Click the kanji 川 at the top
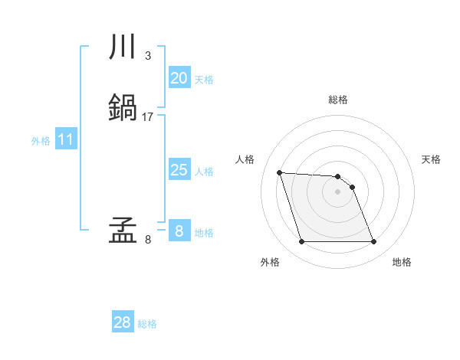(x=123, y=47)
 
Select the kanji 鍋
(x=123, y=108)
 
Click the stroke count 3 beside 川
(x=147, y=56)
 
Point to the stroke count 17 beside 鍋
(x=148, y=117)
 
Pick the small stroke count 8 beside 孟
(x=147, y=240)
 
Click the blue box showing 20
(x=179, y=78)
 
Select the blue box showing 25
(x=179, y=170)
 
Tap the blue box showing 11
(x=66, y=140)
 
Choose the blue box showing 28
(x=123, y=322)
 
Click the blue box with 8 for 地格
(x=179, y=231)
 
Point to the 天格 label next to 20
(x=204, y=80)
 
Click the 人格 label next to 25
(x=204, y=172)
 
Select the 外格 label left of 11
(x=41, y=141)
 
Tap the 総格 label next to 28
(x=147, y=324)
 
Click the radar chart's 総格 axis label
(x=337, y=100)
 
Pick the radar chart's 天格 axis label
(x=431, y=159)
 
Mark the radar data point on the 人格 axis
(x=279, y=172)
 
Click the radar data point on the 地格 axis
(x=373, y=242)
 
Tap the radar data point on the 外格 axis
(x=301, y=242)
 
